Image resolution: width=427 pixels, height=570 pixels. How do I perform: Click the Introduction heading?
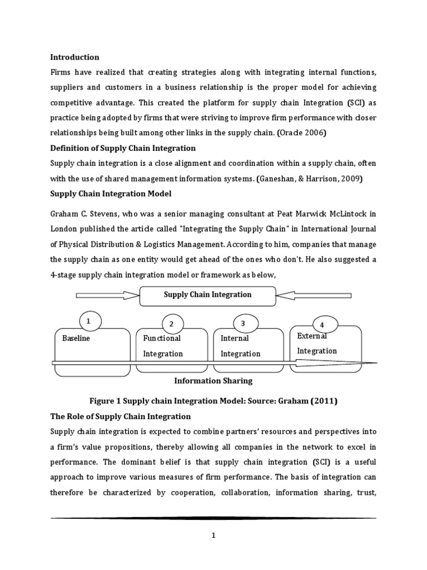[75, 57]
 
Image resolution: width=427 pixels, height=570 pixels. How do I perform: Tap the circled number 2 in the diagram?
[172, 324]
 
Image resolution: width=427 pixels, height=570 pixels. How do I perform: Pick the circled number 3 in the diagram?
[242, 323]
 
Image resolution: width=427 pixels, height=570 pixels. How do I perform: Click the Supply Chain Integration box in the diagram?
[207, 296]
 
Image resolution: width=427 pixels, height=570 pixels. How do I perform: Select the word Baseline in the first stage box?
[76, 338]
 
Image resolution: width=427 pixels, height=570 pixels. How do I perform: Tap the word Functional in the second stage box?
[162, 338]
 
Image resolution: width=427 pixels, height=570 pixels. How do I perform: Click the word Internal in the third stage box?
[235, 338]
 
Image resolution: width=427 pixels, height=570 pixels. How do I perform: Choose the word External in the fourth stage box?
[312, 336]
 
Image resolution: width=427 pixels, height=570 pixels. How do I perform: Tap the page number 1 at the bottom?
[213, 535]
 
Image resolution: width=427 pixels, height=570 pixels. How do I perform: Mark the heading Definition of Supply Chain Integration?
[123, 149]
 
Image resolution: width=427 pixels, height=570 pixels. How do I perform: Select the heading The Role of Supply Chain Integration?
[121, 416]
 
